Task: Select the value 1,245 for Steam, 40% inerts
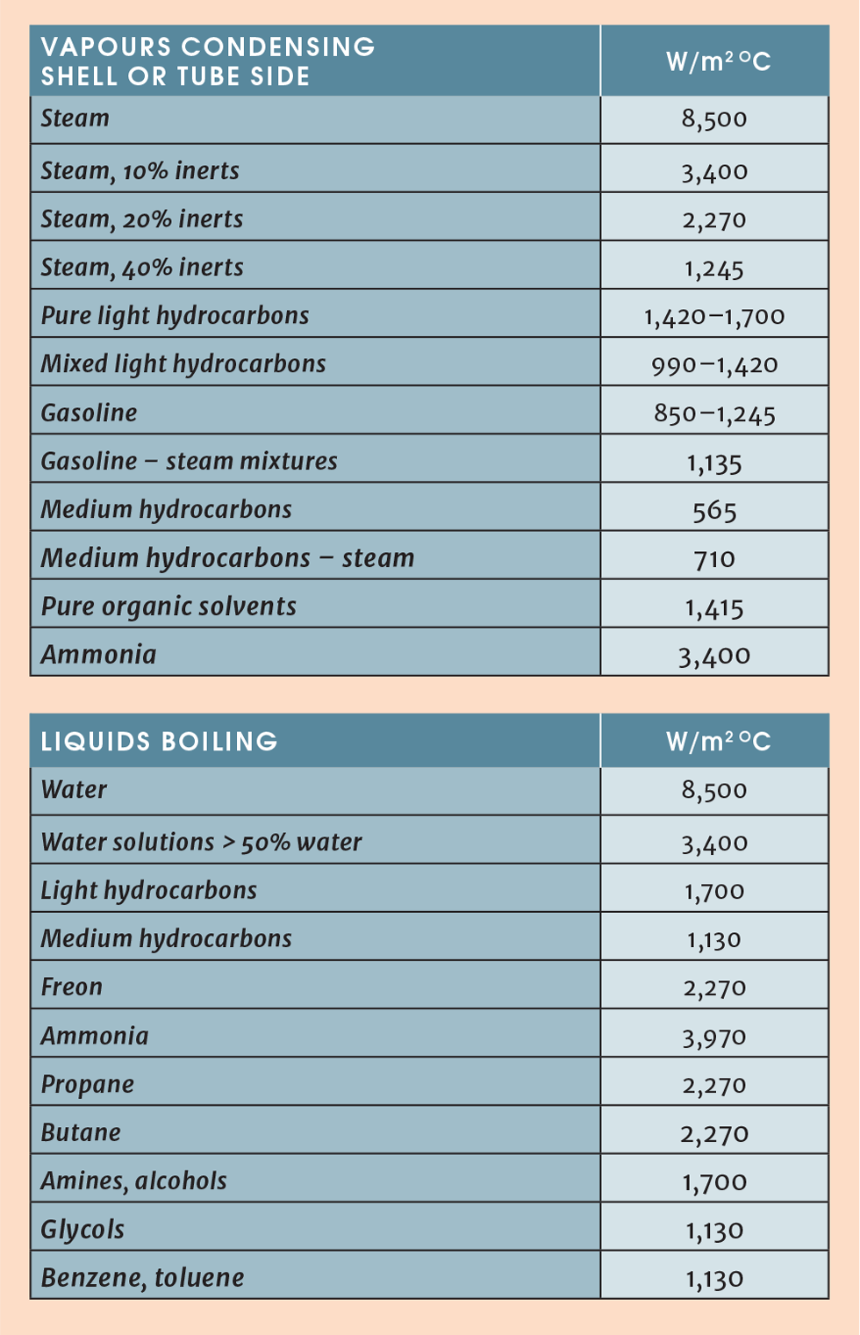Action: pos(713,268)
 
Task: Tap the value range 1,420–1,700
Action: pos(713,316)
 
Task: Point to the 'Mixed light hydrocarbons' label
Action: pos(183,364)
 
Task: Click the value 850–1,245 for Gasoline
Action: pos(713,413)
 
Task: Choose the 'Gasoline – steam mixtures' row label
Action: pos(189,461)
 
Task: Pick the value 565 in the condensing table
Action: pos(713,510)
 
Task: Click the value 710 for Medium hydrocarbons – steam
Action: pos(713,558)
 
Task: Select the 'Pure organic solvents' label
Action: pos(168,606)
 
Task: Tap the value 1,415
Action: pos(713,607)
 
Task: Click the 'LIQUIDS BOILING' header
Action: pos(159,742)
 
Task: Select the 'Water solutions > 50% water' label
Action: pos(201,842)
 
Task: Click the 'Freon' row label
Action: pos(71,987)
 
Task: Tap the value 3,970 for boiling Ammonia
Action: pos(713,1037)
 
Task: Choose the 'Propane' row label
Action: pos(87,1084)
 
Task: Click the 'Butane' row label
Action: pos(81,1132)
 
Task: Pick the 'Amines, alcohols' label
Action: pos(133,1181)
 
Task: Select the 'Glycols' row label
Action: pos(82,1229)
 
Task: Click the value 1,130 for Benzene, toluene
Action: pos(713,1278)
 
